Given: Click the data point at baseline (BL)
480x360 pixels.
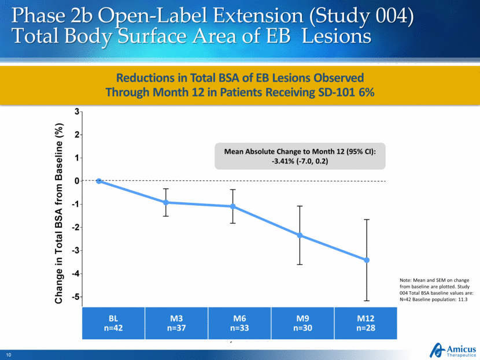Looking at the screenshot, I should coord(99,181).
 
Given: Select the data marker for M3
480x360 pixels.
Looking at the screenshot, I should coord(166,202).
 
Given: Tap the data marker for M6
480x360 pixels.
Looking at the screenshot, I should coord(233,206).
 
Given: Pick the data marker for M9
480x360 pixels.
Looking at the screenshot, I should coord(300,235).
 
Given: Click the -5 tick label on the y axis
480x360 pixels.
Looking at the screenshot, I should coord(75,297).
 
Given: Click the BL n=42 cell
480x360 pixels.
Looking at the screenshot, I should coord(113,323).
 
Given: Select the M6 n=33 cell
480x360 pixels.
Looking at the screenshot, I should coord(239,323).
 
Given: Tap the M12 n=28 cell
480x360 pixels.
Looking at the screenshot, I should coord(365,323).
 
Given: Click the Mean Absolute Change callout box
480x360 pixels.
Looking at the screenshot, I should coord(300,156).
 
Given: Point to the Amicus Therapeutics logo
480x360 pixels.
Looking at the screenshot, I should coord(452,348).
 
